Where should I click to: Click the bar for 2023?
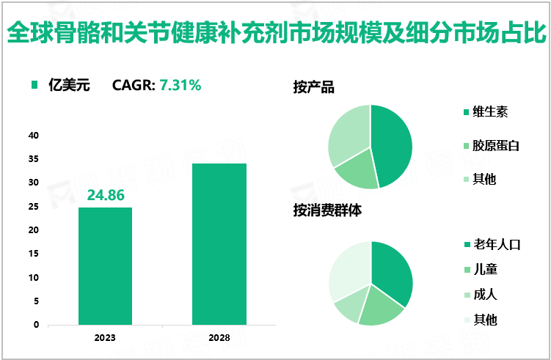tap(105, 265)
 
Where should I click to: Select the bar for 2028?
tap(219, 243)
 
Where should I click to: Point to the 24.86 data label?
tap(105, 195)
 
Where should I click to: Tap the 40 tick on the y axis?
tap(34, 136)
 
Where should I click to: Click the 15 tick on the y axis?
tap(34, 254)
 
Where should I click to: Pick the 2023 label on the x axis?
tap(105, 337)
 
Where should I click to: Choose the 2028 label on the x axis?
tap(219, 337)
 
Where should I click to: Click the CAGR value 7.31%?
tap(180, 85)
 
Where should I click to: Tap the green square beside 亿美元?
tap(34, 85)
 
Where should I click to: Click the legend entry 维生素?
tap(491, 111)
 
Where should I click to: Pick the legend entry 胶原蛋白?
tap(496, 145)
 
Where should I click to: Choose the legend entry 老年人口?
tap(496, 244)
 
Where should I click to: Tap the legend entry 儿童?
tap(485, 269)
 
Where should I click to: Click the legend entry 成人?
tap(485, 294)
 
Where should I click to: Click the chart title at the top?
tap(275, 33)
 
